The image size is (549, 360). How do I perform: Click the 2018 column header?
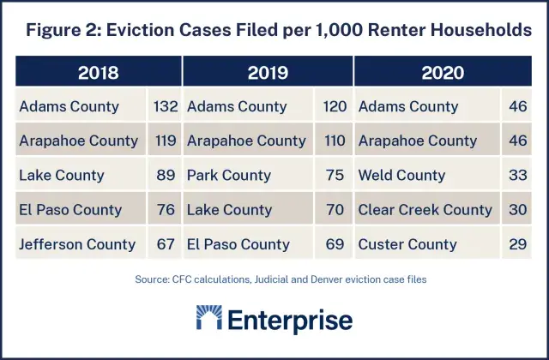coord(98,72)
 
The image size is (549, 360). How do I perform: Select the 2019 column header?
coord(268,72)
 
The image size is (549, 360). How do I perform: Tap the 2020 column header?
coord(443,72)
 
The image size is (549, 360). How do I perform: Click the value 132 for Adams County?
coord(165,107)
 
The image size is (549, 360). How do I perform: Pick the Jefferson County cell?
coord(77,244)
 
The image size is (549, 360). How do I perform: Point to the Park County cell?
coord(228,176)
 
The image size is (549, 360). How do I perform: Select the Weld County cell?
coord(401,176)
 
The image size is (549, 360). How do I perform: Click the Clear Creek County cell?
coord(425,210)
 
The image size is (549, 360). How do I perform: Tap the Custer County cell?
coord(407,244)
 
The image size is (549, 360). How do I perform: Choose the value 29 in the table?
coord(516,244)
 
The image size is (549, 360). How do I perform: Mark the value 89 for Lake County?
coord(165,176)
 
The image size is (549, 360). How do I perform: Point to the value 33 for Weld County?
coord(516,176)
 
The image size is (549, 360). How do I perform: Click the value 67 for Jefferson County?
coord(165,244)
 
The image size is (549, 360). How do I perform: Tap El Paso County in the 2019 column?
coord(238,244)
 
